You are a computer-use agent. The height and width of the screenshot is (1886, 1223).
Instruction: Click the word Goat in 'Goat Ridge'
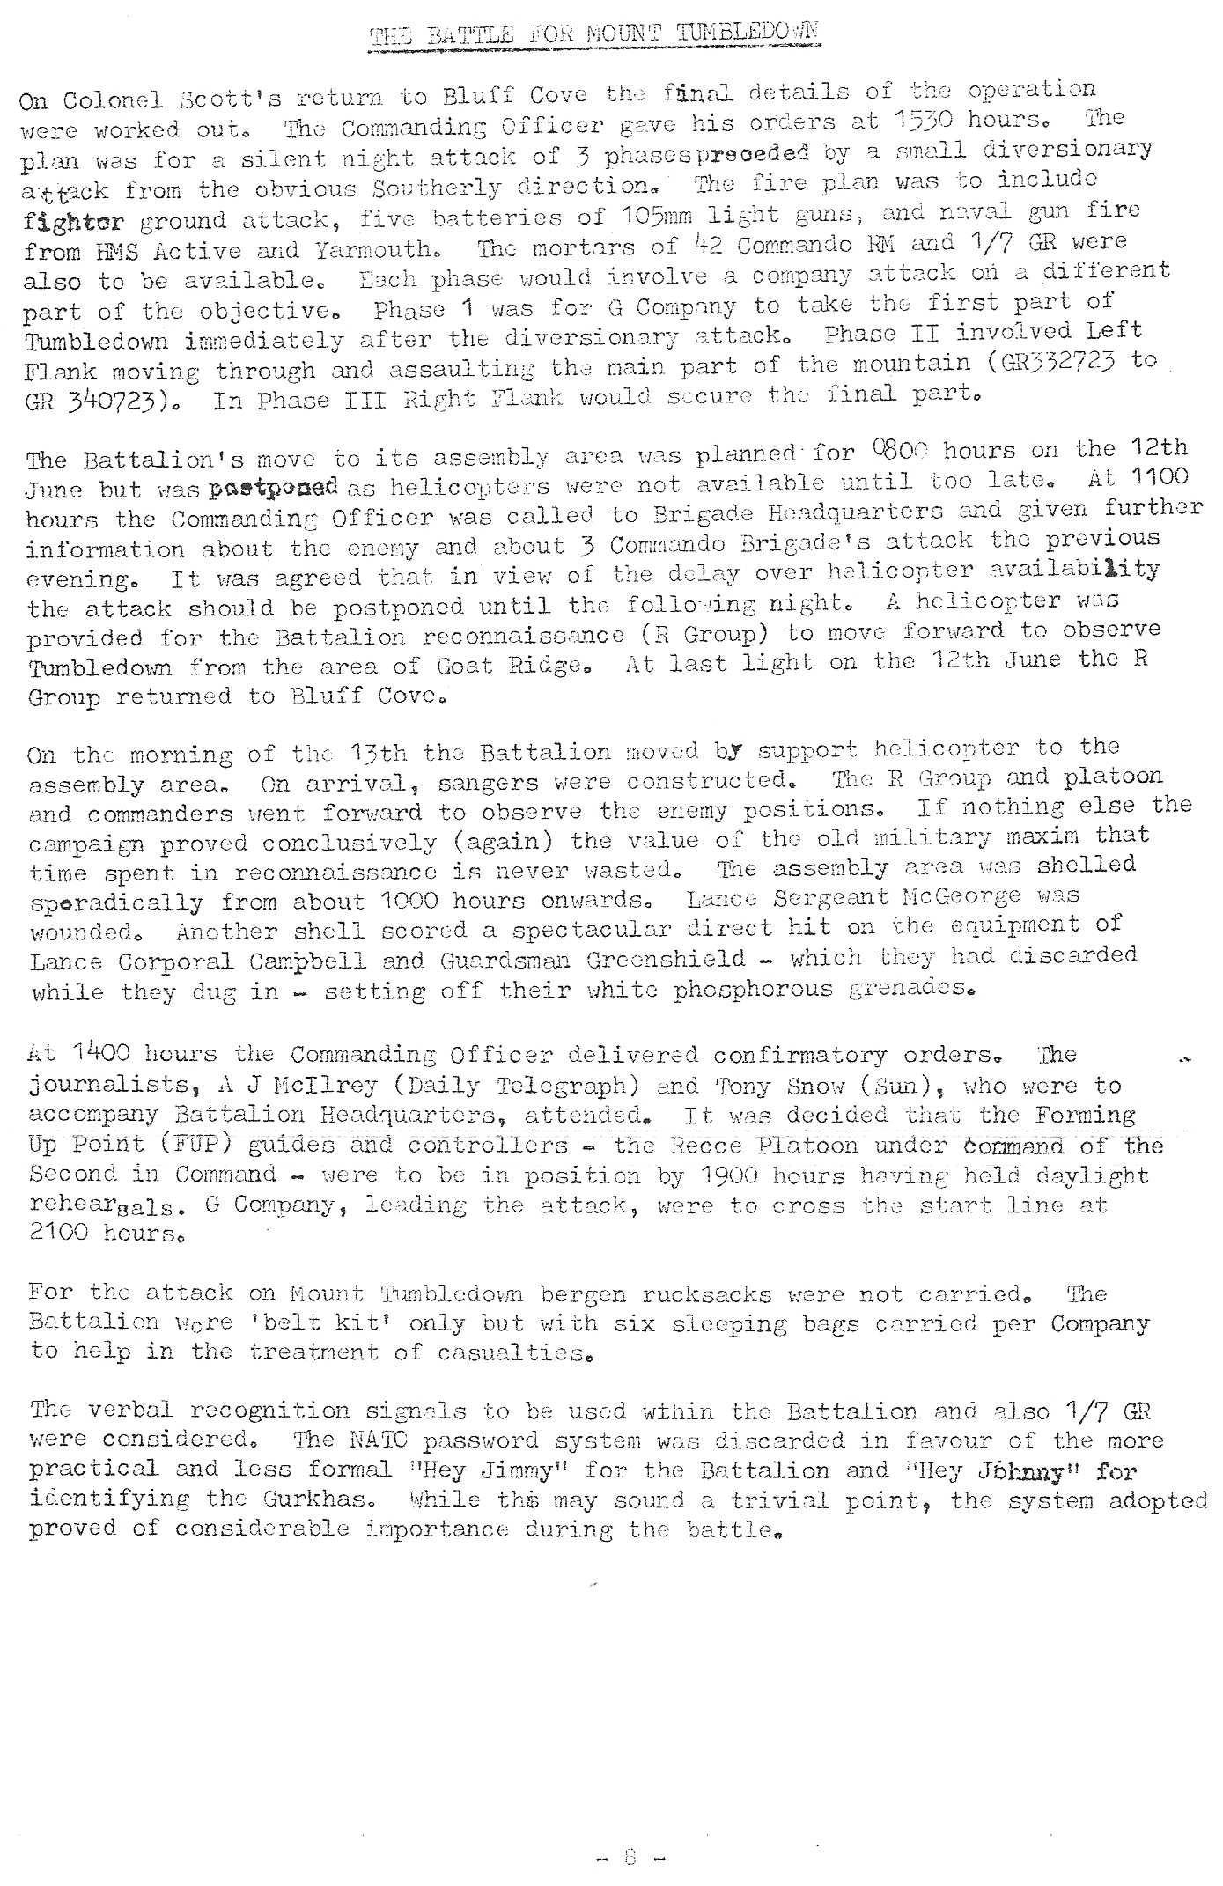point(463,665)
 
